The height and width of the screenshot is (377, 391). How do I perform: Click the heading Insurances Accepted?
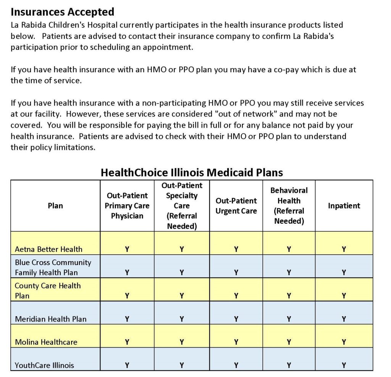62,12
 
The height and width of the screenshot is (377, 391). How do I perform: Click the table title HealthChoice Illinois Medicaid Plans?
192,172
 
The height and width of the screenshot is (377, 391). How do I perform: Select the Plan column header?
55,206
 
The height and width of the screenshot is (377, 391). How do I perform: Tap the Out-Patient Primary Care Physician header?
127,206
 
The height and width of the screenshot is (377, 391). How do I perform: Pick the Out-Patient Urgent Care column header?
236,206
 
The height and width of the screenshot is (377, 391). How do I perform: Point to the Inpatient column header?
344,206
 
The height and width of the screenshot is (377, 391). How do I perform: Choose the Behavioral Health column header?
289,206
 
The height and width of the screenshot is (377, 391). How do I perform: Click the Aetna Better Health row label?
48,249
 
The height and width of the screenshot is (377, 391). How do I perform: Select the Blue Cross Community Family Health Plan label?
53,267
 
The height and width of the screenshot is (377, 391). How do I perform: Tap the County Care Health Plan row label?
48,291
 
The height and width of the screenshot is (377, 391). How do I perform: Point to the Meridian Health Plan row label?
51,319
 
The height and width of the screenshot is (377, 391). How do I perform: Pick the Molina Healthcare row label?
46,342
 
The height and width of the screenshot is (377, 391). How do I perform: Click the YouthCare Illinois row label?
44,365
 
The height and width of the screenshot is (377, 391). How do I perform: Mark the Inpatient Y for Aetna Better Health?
344,249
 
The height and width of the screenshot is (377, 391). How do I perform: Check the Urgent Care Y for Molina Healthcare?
236,342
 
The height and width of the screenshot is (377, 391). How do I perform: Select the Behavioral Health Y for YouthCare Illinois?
289,365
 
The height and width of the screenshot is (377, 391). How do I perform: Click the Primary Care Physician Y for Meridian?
127,319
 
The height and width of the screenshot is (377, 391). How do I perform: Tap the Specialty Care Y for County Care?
182,296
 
